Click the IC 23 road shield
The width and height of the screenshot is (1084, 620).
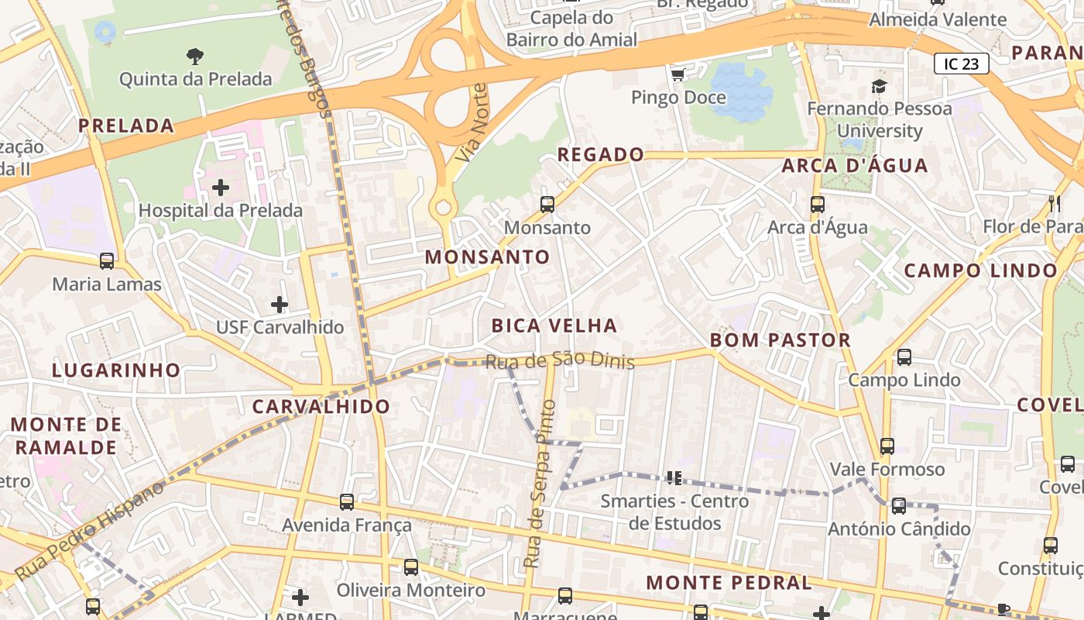tap(961, 64)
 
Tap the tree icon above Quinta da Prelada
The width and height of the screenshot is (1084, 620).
tap(195, 55)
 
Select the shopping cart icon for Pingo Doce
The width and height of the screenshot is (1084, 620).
tap(678, 74)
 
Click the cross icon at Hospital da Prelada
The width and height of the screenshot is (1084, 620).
tap(221, 187)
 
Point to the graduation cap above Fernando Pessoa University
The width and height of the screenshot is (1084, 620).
tap(879, 86)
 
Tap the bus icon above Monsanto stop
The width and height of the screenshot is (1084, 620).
tap(547, 205)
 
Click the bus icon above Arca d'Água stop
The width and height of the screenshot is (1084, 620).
tap(818, 205)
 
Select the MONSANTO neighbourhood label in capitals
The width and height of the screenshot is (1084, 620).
tap(488, 257)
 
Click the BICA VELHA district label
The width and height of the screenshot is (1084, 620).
tap(554, 325)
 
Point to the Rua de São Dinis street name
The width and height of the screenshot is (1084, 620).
tap(559, 361)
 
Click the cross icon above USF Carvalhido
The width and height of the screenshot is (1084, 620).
tap(280, 305)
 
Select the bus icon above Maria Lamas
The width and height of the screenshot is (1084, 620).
tap(107, 261)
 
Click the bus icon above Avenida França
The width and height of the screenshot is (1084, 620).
tap(347, 502)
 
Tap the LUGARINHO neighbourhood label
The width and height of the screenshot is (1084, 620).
tap(116, 370)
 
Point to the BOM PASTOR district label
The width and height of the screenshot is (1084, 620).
tap(780, 340)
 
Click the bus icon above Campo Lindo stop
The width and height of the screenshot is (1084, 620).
tap(904, 357)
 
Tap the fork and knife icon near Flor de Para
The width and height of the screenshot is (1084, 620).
tap(1055, 204)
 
